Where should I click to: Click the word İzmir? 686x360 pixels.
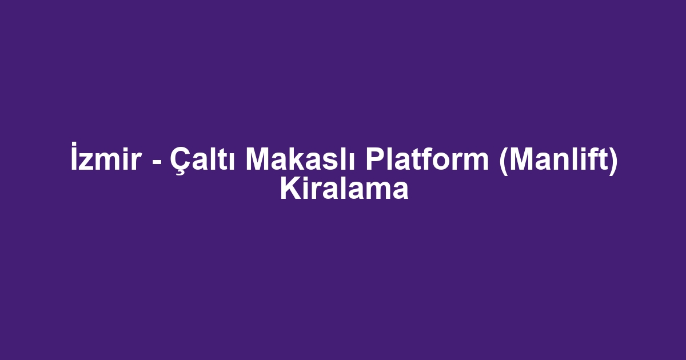point(106,156)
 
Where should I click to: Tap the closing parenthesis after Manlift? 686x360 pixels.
point(612,161)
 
